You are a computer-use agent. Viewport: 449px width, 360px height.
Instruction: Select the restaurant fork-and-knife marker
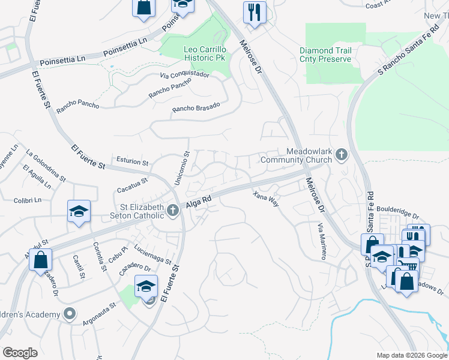click(x=255, y=12)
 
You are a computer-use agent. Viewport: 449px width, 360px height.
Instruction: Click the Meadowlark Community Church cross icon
click(x=342, y=155)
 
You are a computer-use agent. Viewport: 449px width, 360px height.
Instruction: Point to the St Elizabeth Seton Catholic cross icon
click(x=173, y=209)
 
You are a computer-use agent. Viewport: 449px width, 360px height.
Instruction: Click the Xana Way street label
click(x=265, y=199)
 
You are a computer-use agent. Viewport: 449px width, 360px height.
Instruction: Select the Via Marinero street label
click(x=322, y=241)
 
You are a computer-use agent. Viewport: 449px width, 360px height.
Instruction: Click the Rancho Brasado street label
click(x=196, y=107)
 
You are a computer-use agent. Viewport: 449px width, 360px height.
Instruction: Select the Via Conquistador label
click(x=184, y=75)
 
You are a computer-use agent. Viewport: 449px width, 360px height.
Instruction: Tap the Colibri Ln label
click(x=28, y=200)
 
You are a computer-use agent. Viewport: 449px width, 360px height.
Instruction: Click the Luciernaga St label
click(x=153, y=257)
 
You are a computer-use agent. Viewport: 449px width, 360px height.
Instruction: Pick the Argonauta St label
click(x=86, y=314)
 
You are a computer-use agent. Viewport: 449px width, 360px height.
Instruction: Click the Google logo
click(x=20, y=353)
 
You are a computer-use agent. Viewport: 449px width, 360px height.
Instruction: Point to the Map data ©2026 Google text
click(x=412, y=355)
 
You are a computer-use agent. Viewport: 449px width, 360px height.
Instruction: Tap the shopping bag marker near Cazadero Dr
click(x=40, y=259)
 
